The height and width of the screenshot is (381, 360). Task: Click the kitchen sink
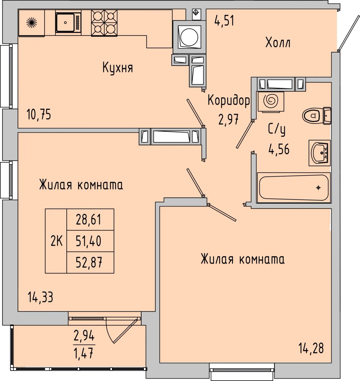coord(68,23)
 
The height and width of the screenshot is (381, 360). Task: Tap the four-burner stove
coord(104,23)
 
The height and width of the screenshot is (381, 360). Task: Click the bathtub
coord(294,188)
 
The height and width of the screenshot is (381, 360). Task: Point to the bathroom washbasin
coord(320,153)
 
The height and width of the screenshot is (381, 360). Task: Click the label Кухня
coord(118,68)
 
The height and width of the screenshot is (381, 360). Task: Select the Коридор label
coord(229,100)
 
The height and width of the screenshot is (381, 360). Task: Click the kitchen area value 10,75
coord(39,115)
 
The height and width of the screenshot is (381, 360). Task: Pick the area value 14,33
coord(40,297)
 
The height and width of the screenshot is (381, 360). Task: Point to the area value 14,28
coord(311,348)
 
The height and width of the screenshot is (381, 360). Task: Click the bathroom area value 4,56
coord(279,149)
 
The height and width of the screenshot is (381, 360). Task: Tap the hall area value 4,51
coord(224,21)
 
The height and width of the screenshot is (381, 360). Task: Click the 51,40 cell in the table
coord(90,241)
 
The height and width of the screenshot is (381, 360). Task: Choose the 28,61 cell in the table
coord(90,220)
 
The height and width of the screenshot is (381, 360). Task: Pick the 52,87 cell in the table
coord(90,262)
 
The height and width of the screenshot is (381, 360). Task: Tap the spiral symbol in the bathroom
coord(271,101)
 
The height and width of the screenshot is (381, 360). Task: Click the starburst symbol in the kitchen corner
coord(31,23)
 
